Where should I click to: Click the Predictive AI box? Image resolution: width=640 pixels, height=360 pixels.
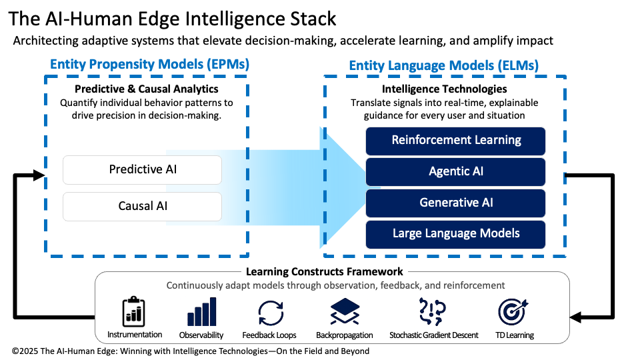pyautogui.click(x=142, y=170)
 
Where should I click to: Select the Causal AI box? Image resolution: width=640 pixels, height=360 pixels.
pyautogui.click(x=142, y=206)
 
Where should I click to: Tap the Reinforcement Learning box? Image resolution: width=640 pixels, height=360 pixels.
pyautogui.click(x=456, y=140)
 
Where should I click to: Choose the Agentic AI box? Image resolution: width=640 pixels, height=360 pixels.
pyautogui.click(x=456, y=171)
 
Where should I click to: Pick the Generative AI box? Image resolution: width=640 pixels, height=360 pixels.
pyautogui.click(x=456, y=203)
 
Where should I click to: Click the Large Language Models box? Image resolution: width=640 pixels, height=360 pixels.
pyautogui.click(x=456, y=234)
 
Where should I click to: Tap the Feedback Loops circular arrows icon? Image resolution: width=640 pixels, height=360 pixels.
pyautogui.click(x=270, y=312)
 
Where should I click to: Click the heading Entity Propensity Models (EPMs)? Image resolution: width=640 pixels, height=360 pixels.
pyautogui.click(x=150, y=65)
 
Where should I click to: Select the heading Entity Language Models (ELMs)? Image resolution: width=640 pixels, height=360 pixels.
pyautogui.click(x=444, y=65)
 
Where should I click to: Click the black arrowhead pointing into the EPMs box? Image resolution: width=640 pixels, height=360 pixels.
pyautogui.click(x=39, y=175)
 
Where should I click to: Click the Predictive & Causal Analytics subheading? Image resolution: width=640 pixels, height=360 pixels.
pyautogui.click(x=147, y=89)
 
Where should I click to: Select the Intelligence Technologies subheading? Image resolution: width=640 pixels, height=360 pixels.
pyautogui.click(x=444, y=89)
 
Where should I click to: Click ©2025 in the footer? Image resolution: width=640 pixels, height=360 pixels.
pyautogui.click(x=25, y=351)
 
